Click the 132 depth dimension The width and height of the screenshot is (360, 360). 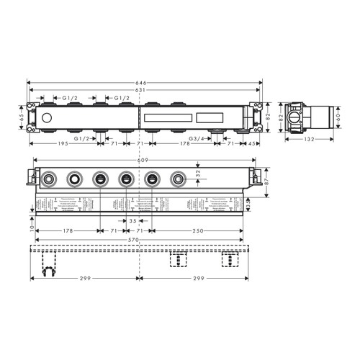309,142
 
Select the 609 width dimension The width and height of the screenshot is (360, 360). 143,160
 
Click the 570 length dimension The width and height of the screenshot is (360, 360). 143,240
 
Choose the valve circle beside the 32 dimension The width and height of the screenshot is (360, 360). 178,179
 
